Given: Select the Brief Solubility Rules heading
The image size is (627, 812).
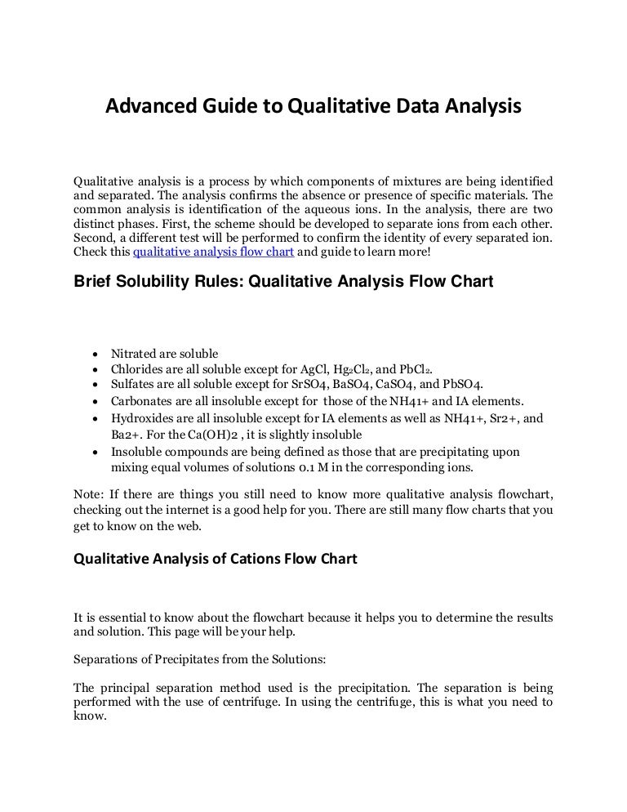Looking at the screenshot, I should (283, 282).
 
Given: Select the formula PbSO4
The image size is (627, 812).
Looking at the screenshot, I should (462, 385).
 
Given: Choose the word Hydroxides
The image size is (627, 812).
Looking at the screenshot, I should (141, 418).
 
